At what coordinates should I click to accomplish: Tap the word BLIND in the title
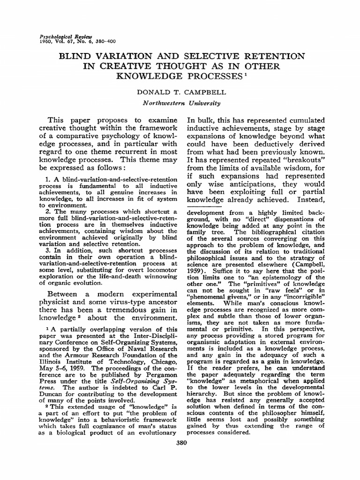(x=86, y=56)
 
